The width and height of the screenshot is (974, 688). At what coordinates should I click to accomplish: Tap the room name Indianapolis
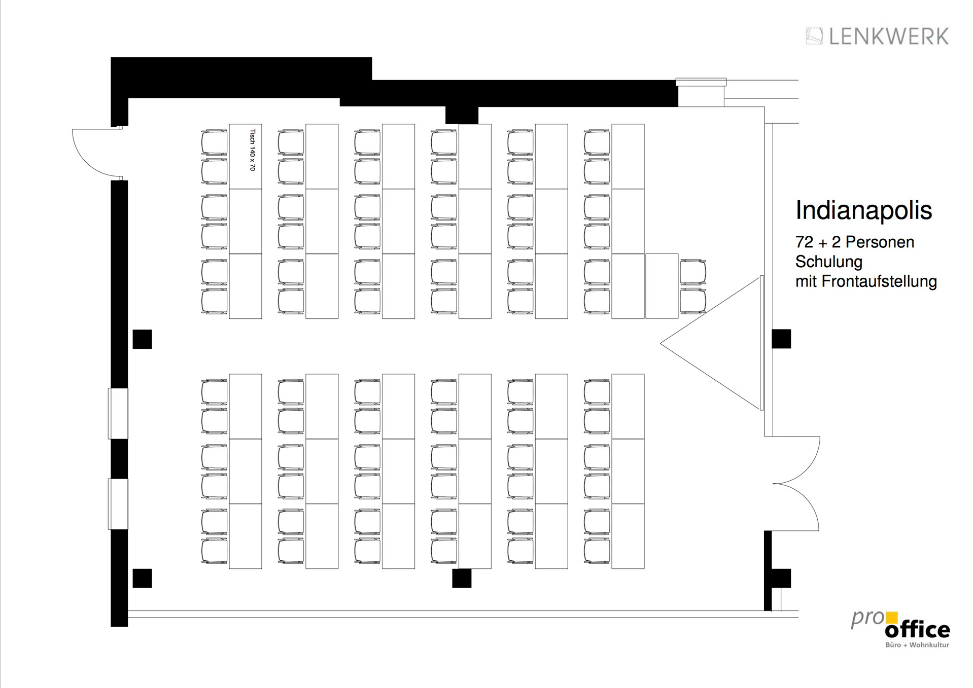coord(863,210)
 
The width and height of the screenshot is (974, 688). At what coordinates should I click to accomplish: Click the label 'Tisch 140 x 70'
coord(252,150)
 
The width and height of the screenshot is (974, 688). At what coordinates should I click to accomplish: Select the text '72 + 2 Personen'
coord(855,242)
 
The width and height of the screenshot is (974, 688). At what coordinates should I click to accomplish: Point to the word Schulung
coord(828,262)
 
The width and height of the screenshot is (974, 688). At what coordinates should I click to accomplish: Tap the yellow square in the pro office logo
coord(891,618)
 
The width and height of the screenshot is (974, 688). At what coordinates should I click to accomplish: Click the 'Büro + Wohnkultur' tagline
coord(917,645)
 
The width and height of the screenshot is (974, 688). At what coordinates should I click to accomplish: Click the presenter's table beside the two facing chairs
coord(662,286)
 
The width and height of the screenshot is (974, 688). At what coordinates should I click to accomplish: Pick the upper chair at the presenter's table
coord(693,271)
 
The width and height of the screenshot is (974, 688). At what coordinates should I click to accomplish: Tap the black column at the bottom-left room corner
coord(142,578)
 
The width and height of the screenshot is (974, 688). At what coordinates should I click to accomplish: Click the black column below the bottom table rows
coord(462,578)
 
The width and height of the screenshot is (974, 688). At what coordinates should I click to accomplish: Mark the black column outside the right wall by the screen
coord(781,339)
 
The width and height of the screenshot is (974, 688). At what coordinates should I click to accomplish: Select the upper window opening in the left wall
coord(118,413)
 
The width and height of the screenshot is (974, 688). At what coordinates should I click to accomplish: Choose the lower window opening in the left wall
coord(118,504)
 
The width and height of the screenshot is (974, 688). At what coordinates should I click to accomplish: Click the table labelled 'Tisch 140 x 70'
coord(245,157)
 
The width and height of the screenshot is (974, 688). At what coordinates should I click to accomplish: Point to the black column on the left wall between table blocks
coord(142,339)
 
